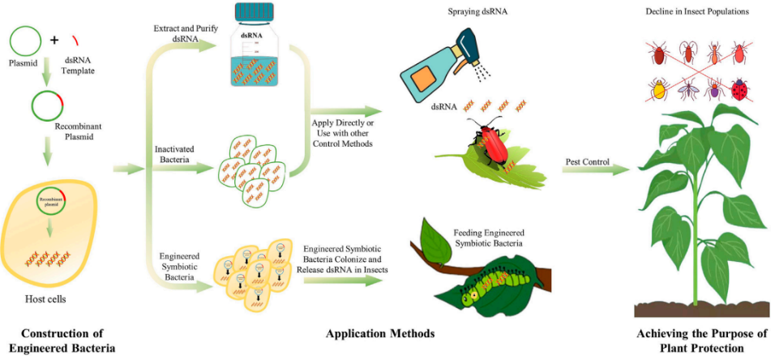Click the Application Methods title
[x=380, y=333]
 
